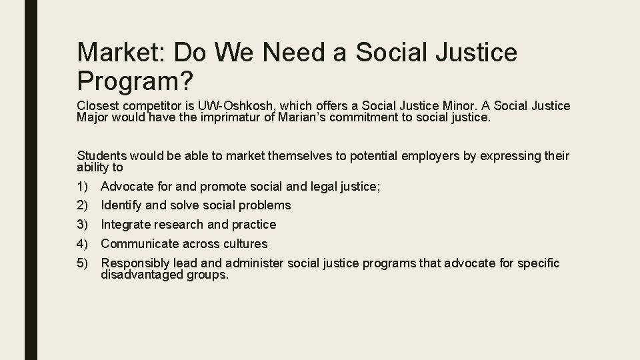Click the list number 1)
tap(84, 187)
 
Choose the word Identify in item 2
tap(121, 205)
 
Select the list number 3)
tap(84, 225)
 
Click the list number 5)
tap(84, 263)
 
